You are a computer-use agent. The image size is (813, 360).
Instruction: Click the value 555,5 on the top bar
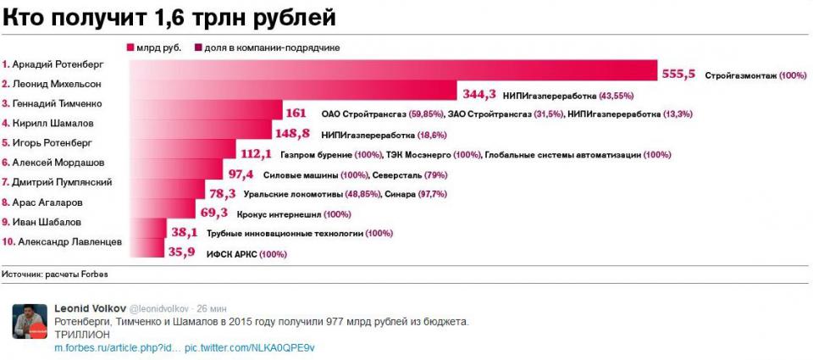click(x=677, y=75)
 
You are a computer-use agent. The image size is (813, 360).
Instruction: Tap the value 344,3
click(x=478, y=95)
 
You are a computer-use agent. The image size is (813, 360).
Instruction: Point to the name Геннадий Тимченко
click(x=54, y=103)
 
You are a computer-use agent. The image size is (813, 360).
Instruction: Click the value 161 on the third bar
click(x=296, y=114)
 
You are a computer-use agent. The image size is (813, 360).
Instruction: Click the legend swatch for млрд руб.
click(x=130, y=47)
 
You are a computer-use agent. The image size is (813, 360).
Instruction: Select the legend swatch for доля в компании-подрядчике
click(x=197, y=47)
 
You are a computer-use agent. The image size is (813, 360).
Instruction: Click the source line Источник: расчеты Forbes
click(x=55, y=274)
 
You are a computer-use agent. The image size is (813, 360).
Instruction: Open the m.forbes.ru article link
click(x=117, y=348)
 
